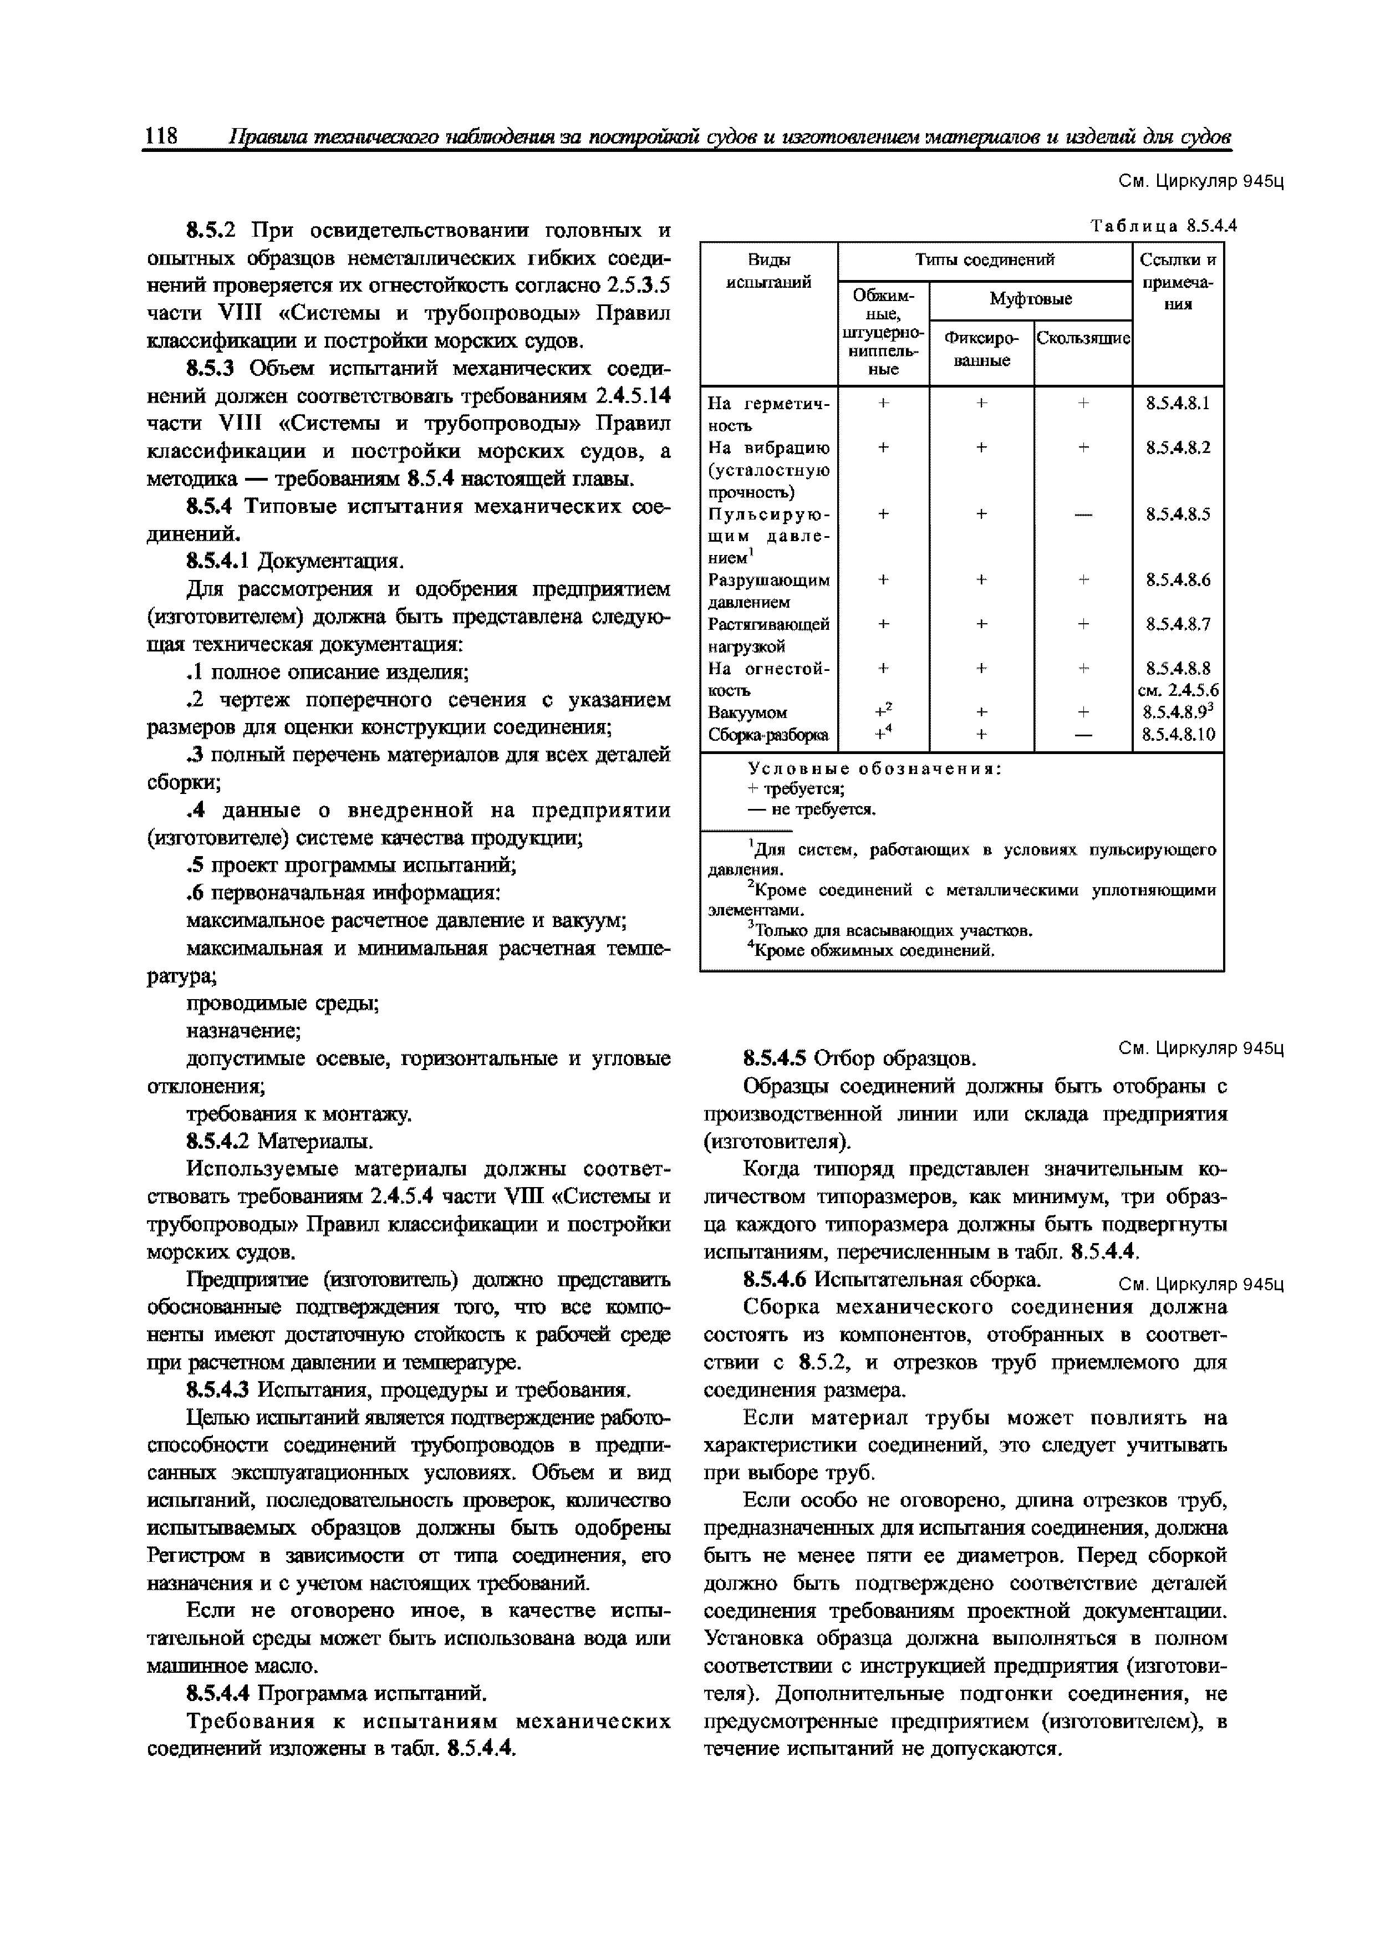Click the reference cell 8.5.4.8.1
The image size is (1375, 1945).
click(x=1178, y=403)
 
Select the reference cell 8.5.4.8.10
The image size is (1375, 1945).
click(x=1178, y=735)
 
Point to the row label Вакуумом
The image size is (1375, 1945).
click(x=747, y=712)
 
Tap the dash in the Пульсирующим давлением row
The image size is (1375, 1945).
click(x=1083, y=514)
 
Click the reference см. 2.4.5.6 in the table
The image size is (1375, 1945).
click(x=1178, y=690)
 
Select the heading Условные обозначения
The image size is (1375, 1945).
click(x=874, y=768)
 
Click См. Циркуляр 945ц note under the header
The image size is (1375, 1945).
click(x=1200, y=181)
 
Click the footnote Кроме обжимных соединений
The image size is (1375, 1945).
click(x=873, y=950)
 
